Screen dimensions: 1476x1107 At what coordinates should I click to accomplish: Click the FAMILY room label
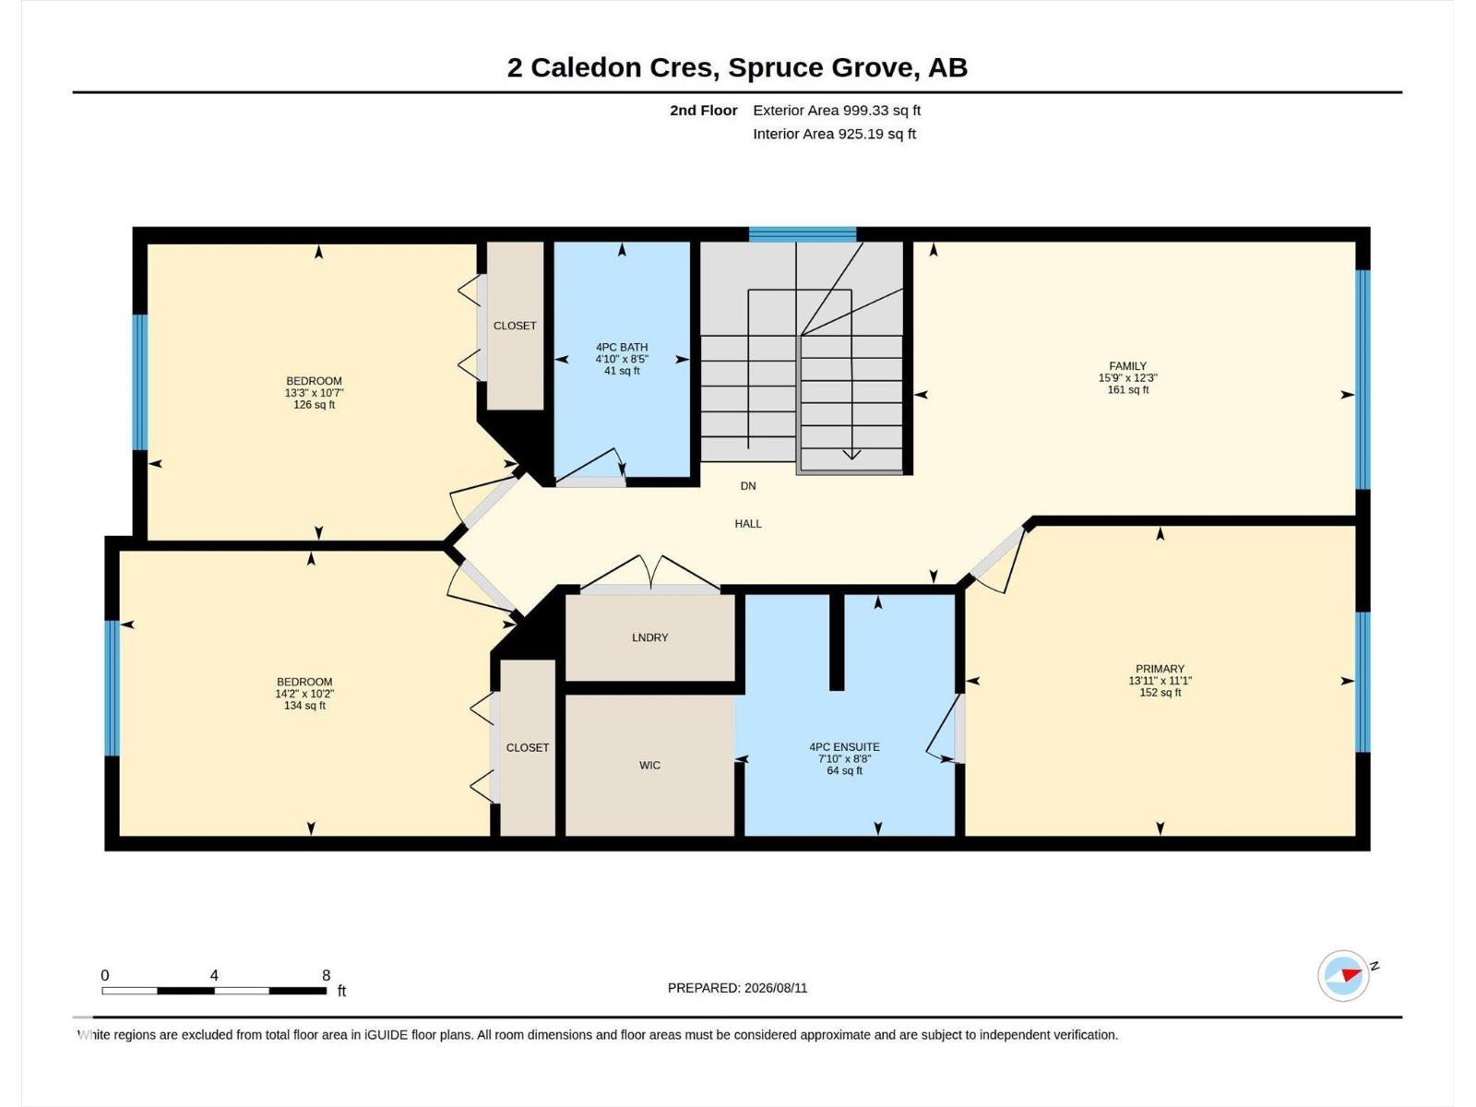[x=1127, y=365]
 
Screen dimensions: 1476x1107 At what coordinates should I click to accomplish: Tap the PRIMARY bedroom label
[x=1160, y=669]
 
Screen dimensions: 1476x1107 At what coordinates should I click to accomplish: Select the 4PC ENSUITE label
[x=845, y=746]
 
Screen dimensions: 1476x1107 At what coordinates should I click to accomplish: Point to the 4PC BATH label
[x=622, y=347]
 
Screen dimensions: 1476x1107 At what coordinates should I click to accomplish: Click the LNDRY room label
[x=650, y=637]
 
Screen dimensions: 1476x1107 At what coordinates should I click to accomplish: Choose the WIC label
[x=649, y=765]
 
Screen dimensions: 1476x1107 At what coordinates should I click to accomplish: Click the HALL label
[x=748, y=524]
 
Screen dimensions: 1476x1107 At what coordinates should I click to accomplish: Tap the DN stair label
[x=748, y=486]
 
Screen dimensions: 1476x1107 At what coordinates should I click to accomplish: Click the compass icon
[x=1343, y=975]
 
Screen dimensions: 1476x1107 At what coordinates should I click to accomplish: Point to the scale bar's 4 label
[x=214, y=975]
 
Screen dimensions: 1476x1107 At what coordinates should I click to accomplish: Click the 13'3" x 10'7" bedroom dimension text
[x=314, y=393]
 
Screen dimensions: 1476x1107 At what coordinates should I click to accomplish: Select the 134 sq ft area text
[x=304, y=706]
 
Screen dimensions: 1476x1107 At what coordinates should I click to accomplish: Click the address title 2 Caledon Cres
[x=609, y=67]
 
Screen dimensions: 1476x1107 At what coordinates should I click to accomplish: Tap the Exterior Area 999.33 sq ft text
[x=837, y=110]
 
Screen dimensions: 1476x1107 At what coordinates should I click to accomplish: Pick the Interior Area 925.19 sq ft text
[x=835, y=134]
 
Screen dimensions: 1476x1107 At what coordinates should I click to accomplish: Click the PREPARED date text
[x=738, y=988]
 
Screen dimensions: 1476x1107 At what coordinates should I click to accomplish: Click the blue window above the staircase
[x=803, y=234]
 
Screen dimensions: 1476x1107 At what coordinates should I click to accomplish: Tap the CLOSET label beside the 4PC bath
[x=515, y=326]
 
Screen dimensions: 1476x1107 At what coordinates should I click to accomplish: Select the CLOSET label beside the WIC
[x=528, y=747]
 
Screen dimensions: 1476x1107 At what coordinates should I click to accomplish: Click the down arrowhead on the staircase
[x=852, y=455]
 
